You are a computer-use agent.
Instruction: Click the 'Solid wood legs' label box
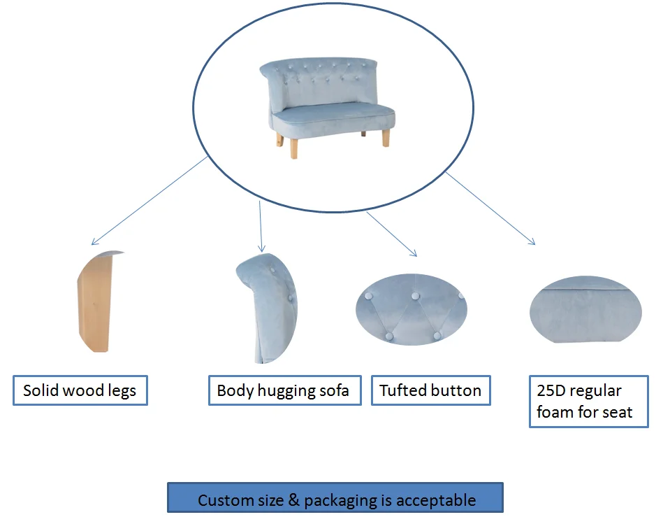pos(80,390)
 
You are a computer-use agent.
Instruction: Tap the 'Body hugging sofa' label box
pos(284,390)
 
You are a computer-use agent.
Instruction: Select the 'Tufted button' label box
pos(430,390)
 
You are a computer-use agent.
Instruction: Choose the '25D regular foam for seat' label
pos(588,402)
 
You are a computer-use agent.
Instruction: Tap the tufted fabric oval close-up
pos(411,309)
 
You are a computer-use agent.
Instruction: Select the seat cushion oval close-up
pos(585,311)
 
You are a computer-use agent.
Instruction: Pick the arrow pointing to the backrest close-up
pos(261,227)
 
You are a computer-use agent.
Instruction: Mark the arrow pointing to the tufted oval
pos(391,234)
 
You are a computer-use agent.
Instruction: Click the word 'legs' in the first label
pos(122,390)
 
